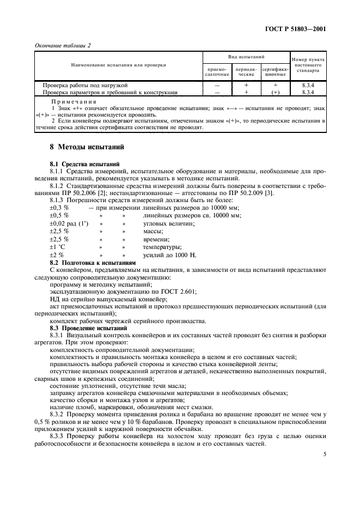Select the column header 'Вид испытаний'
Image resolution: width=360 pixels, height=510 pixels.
point(246,57)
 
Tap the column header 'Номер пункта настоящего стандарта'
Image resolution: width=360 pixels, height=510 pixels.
point(308,65)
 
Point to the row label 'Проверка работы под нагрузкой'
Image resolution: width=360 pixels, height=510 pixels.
point(85,86)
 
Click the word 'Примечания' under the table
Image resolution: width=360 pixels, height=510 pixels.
point(73,101)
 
